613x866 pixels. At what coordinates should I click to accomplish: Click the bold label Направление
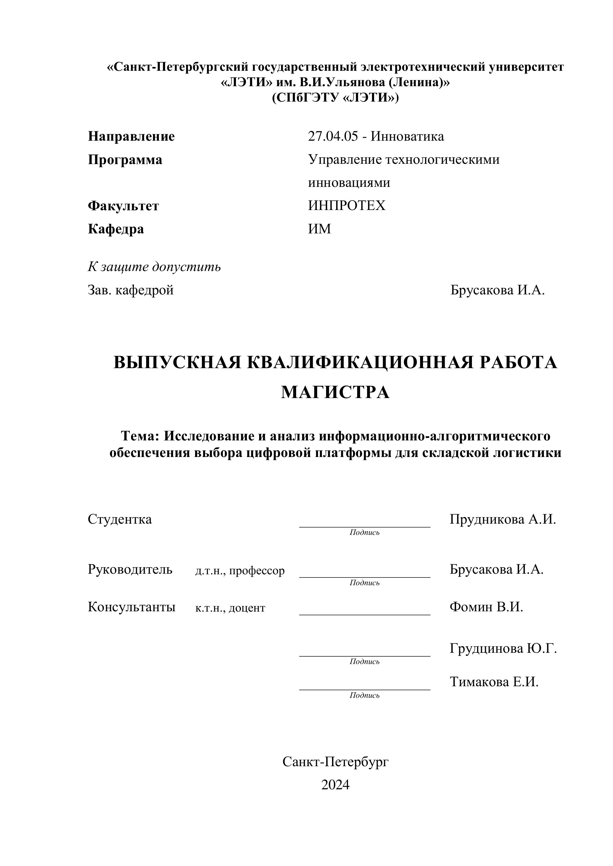tap(131, 136)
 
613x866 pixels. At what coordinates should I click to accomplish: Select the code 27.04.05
tap(333, 136)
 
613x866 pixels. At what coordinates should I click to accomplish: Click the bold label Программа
tap(125, 160)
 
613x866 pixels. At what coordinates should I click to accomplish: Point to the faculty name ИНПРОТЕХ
tap(347, 206)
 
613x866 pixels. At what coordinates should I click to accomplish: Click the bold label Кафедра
tap(116, 229)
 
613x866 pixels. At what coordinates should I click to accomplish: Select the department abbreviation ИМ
tap(319, 229)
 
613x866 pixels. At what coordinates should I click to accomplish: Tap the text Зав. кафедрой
tap(131, 290)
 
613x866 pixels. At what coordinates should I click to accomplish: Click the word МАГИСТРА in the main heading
tap(335, 392)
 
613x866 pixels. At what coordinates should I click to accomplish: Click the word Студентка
tap(120, 519)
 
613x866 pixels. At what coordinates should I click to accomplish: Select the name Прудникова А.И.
tap(503, 519)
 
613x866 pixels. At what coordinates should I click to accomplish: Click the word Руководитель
tap(130, 569)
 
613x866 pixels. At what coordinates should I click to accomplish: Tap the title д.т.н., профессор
tap(240, 571)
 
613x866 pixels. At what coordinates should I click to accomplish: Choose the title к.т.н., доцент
tap(230, 608)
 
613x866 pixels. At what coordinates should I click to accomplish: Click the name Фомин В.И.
tap(486, 607)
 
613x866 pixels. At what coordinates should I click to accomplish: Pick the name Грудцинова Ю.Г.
tap(503, 648)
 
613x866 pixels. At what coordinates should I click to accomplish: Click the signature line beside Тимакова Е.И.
tap(365, 689)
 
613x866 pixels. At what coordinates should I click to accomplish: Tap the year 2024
tap(335, 785)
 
